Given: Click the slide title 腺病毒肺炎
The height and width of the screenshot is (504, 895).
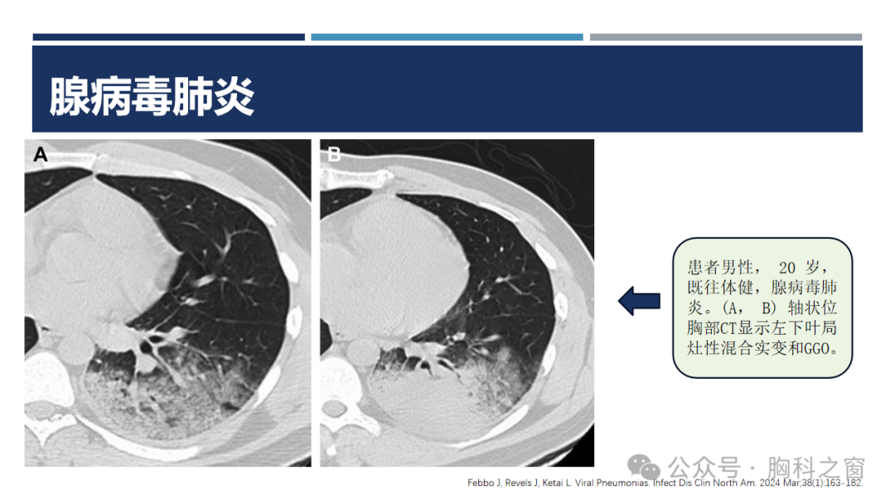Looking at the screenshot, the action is pos(152,96).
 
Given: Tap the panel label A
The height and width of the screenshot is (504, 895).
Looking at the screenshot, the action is pos(41,155).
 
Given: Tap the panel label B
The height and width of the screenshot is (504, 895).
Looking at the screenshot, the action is pos(334,154).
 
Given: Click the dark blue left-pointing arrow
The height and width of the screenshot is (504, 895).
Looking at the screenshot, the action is pos(639,301).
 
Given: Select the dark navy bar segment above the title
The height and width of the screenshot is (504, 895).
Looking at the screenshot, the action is pos(168,37).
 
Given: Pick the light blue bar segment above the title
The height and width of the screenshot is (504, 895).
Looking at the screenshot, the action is pos(447,37).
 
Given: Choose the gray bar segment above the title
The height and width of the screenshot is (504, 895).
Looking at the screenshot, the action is pos(726,37).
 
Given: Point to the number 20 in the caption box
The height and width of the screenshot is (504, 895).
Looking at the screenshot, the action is pos(787,268).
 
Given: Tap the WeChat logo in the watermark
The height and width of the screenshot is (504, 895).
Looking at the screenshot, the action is pos(644,468).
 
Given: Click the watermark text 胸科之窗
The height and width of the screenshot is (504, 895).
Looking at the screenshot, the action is pos(816,468).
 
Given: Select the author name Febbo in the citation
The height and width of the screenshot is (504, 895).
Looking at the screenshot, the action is pos(481,483).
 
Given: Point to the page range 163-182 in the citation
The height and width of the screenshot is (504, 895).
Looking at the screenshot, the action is pos(843,483).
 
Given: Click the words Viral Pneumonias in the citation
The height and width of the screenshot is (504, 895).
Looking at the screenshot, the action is pos(612,483).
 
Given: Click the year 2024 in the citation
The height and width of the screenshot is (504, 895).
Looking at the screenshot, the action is pos(769,483).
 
